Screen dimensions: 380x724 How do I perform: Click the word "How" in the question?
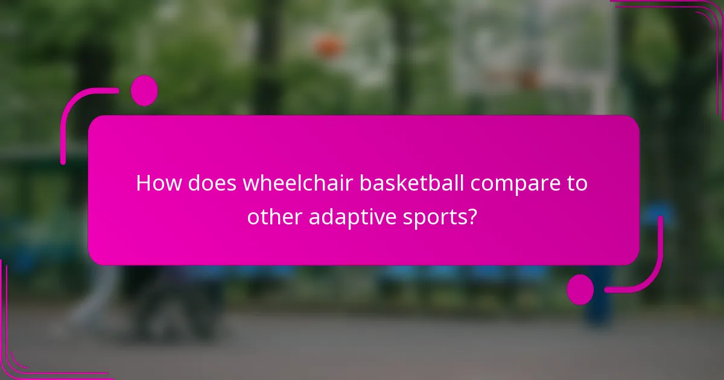(x=158, y=183)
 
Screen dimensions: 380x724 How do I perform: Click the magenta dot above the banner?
(x=144, y=90)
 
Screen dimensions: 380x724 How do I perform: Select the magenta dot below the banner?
(x=580, y=289)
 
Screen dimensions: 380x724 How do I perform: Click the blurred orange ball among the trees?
(x=328, y=45)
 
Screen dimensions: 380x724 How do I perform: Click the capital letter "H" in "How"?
(x=144, y=183)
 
